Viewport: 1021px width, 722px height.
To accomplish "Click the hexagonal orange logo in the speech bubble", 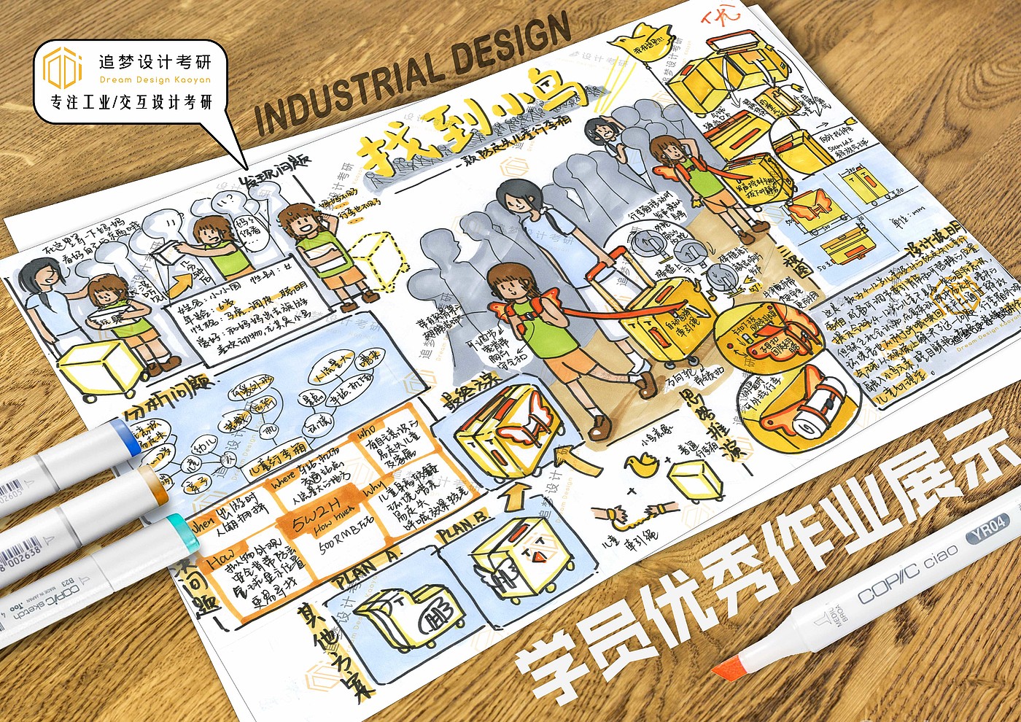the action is (63, 67).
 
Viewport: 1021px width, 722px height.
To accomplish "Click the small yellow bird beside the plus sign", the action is (645, 462).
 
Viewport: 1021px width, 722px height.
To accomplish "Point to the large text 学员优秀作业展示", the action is (758, 562).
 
